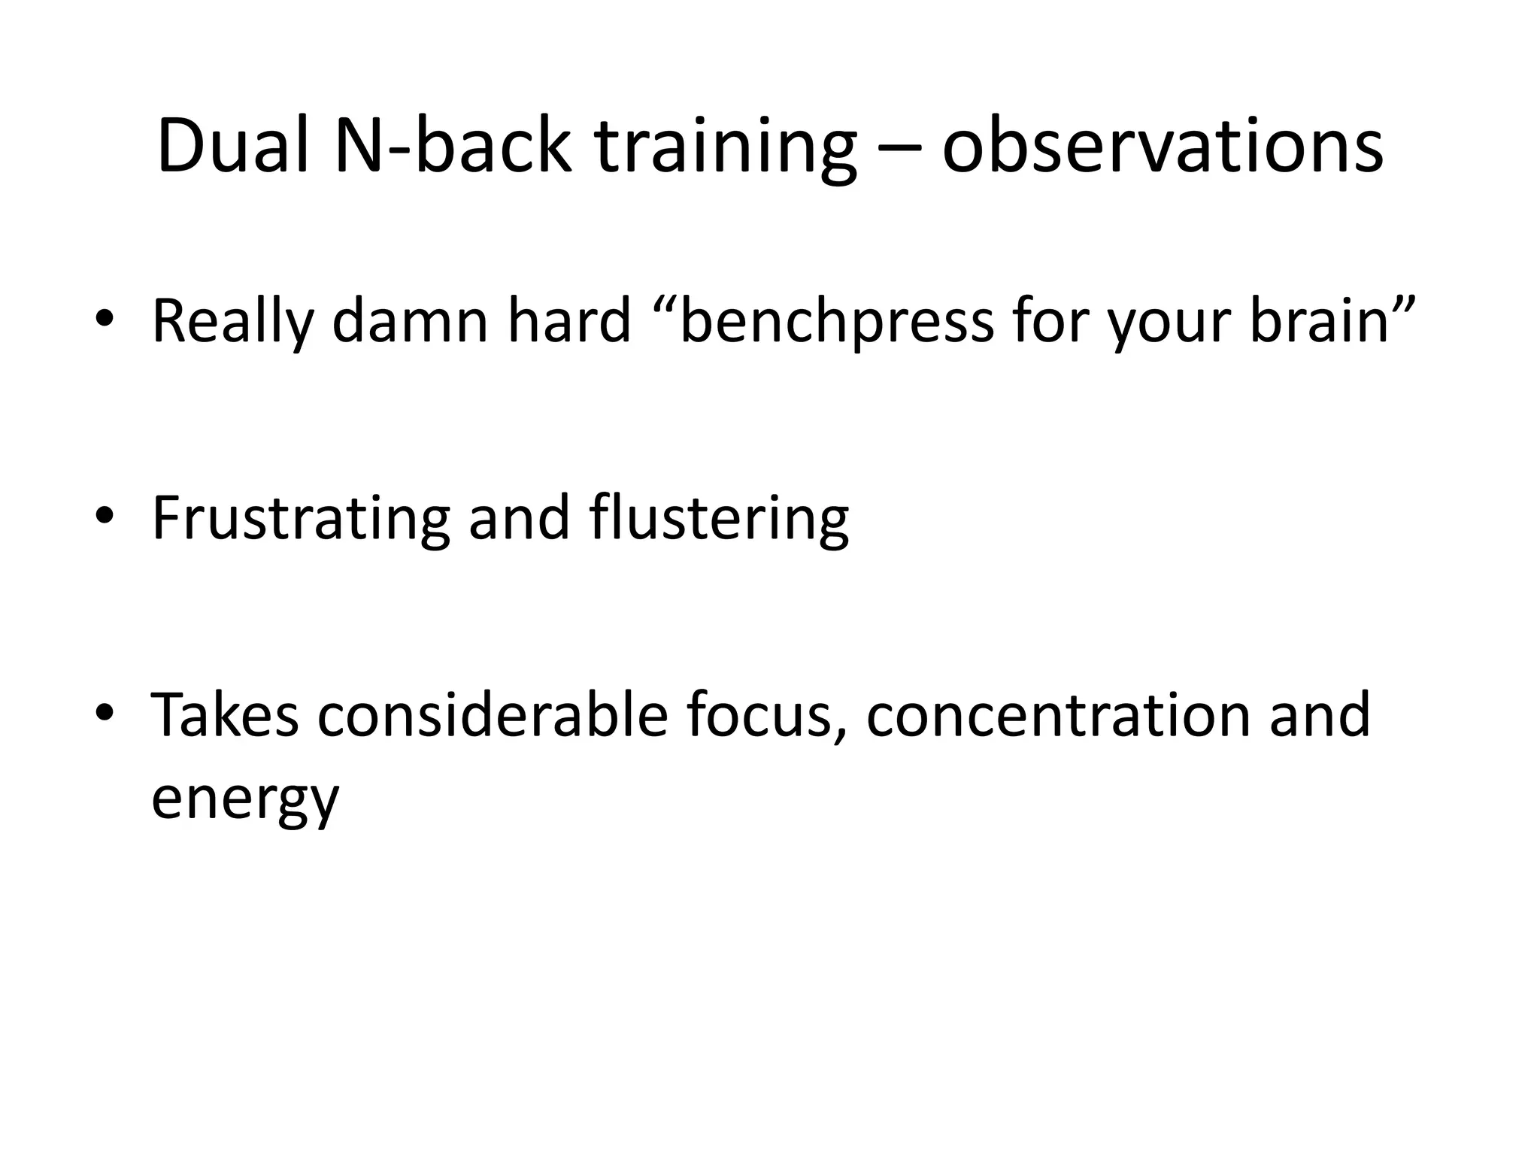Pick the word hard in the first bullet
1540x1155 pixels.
(x=569, y=321)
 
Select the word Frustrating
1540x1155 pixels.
(x=301, y=519)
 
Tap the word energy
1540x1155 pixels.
(x=245, y=799)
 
